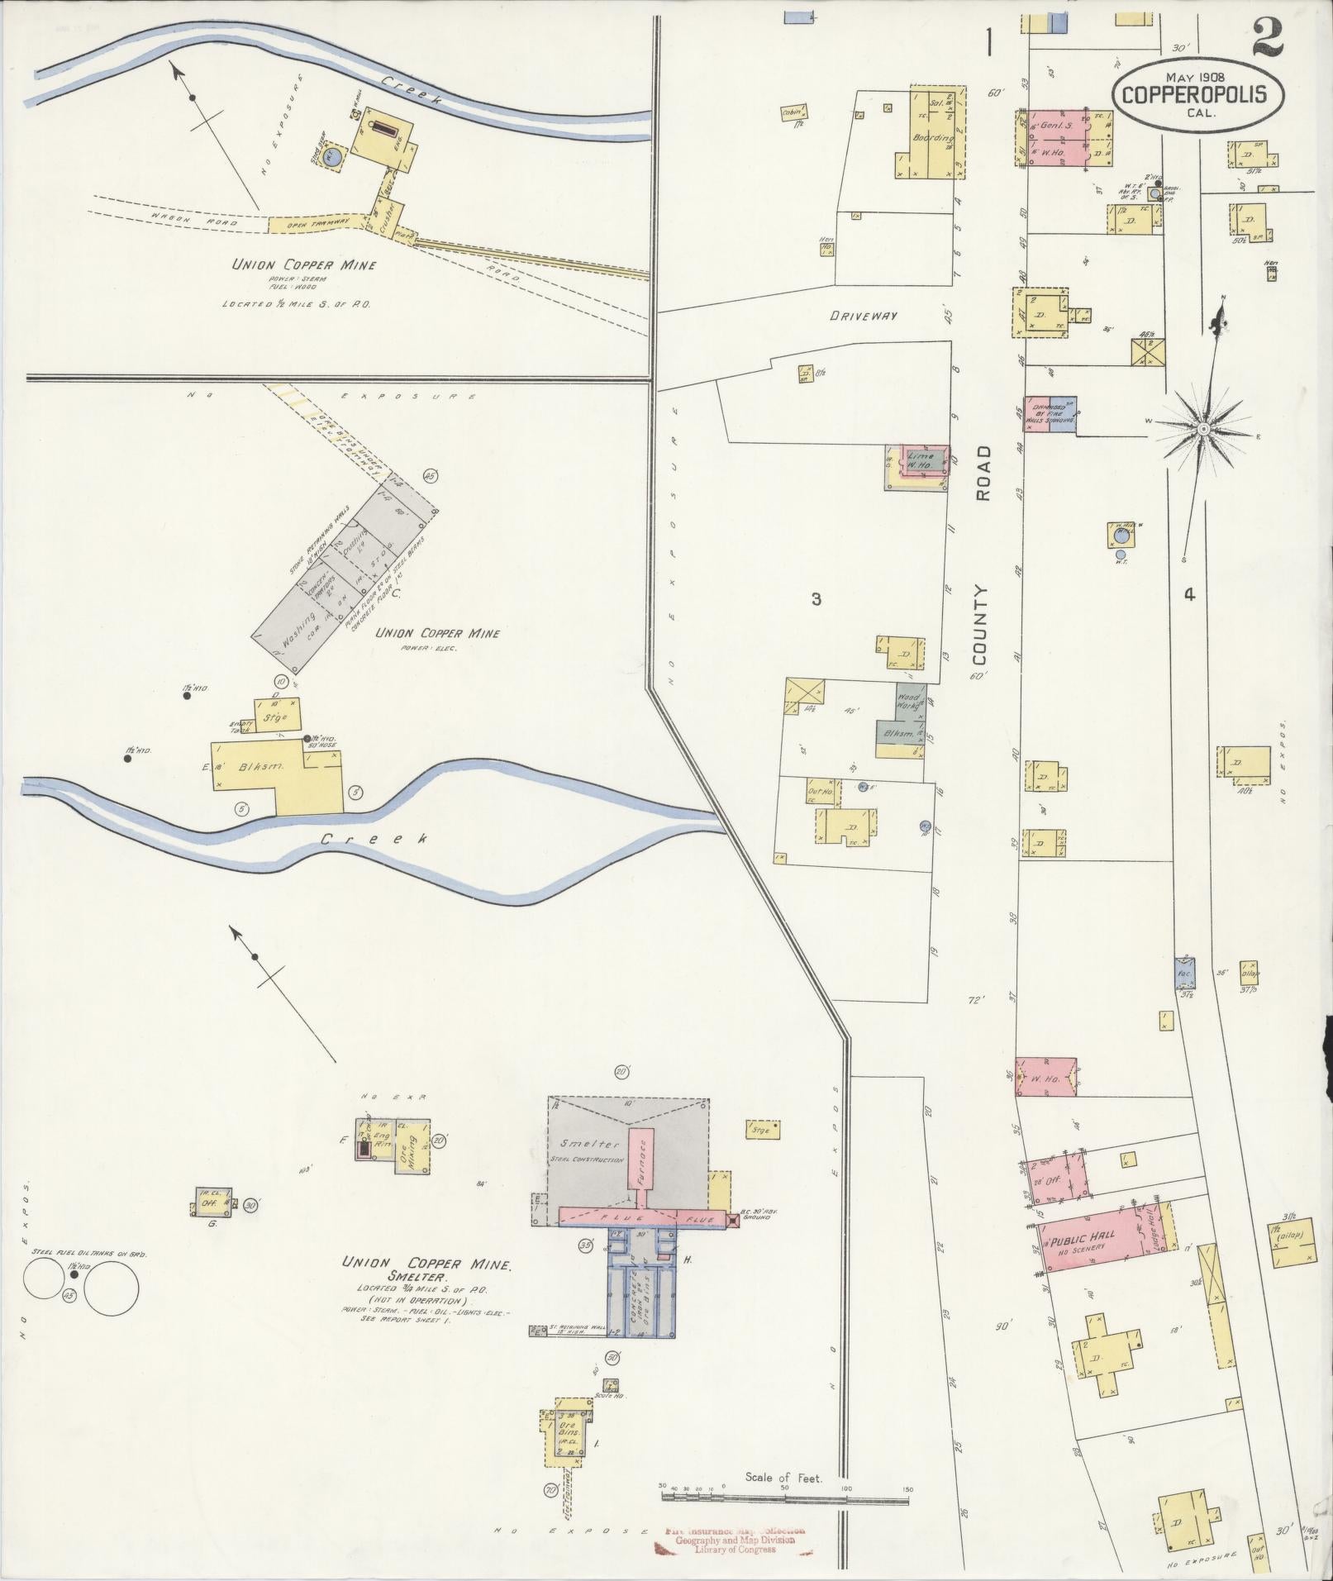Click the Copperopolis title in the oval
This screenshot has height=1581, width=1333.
[x=1198, y=94]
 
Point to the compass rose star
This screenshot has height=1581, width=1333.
[x=1203, y=428]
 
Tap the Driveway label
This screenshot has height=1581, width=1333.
[x=864, y=317]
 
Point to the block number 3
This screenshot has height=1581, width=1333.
[x=816, y=599]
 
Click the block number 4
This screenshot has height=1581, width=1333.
[x=1189, y=593]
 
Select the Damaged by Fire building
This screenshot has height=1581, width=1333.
[x=1050, y=413]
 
